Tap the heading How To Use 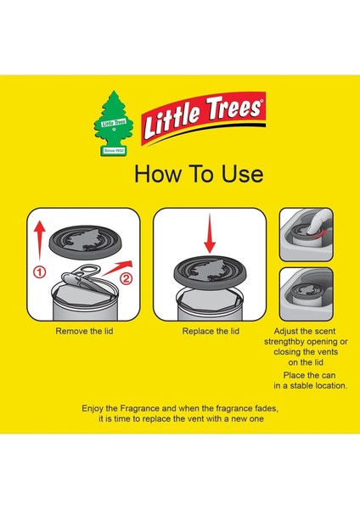(199, 175)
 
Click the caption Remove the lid (84, 331)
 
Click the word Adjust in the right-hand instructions (291, 330)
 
